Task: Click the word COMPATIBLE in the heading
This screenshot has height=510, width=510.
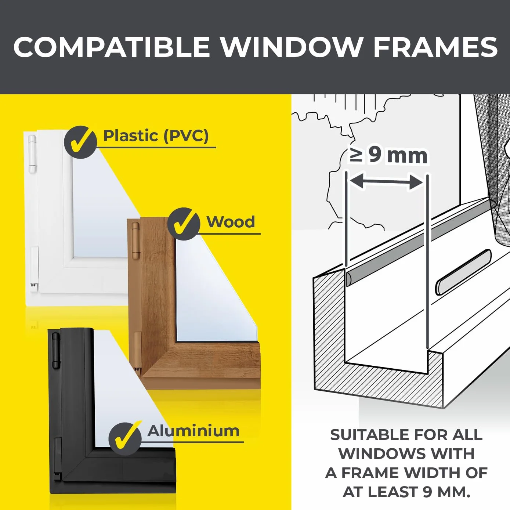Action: tap(112, 47)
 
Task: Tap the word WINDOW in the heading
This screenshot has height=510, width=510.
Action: tap(291, 47)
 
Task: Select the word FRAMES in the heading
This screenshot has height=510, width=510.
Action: tap(435, 47)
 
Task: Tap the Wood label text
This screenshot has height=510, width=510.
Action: tap(231, 222)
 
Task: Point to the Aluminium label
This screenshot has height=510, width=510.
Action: tap(193, 431)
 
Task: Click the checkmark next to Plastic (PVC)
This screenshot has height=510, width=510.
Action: tap(80, 142)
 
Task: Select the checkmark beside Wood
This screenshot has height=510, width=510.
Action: tap(184, 224)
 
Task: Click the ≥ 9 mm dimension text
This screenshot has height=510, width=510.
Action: tap(388, 156)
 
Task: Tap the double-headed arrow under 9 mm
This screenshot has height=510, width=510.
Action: tap(387, 181)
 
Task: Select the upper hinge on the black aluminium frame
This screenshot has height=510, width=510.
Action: tap(55, 350)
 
